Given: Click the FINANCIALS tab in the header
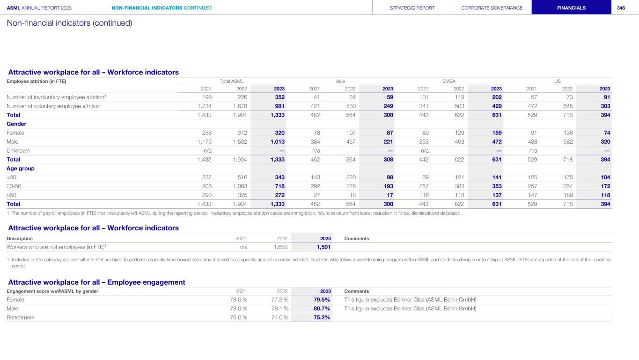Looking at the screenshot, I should tap(571, 8).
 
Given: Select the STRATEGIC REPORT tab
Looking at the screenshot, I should tap(412, 8).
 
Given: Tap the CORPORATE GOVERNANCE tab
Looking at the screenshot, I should tap(492, 8).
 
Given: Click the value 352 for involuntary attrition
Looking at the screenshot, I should tap(279, 97).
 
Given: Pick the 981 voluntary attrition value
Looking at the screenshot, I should tap(279, 106).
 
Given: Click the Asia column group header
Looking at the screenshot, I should tap(340, 81).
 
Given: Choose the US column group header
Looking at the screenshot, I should tap(558, 81).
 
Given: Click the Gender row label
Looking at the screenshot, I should tap(16, 124).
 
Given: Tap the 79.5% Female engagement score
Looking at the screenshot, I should tap(322, 300).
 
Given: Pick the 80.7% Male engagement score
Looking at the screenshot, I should tap(322, 309).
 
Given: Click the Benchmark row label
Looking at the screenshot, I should tap(21, 317).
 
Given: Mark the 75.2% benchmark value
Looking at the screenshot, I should tap(322, 317).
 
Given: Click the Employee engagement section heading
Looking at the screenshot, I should tap(97, 282).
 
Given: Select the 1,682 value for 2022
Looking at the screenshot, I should tap(281, 247).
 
